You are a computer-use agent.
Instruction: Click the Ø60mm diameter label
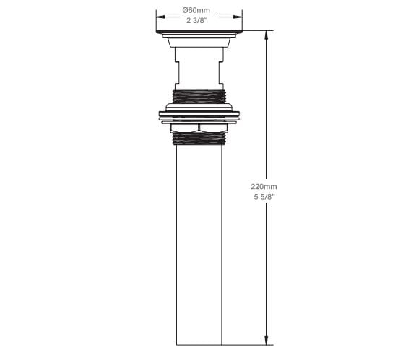coord(197,9)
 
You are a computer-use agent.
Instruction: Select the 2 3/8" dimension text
coord(197,20)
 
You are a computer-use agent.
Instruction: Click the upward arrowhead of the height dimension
coord(267,34)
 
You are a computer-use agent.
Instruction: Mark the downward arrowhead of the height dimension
coord(267,341)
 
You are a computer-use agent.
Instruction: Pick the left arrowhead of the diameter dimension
coord(158,15)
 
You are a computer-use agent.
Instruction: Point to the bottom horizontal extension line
coord(246,345)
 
